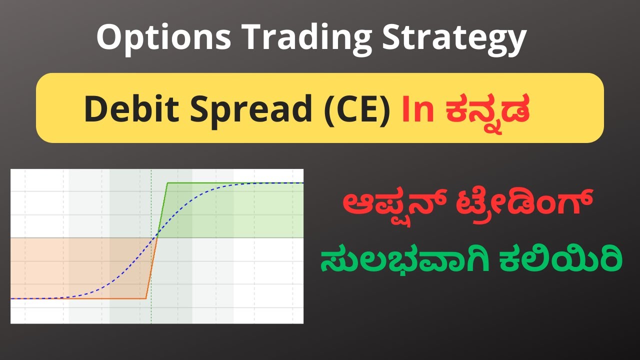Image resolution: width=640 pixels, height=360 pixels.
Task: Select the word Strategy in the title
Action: [454, 38]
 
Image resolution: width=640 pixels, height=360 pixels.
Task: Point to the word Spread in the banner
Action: [239, 109]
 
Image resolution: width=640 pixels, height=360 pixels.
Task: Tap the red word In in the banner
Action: [418, 108]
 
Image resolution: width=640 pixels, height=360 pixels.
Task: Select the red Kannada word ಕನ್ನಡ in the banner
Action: [483, 109]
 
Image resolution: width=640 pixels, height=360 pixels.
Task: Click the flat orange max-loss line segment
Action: [75, 299]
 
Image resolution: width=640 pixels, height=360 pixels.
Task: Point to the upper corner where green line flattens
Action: [167, 183]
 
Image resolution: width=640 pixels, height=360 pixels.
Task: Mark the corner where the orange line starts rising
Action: [146, 299]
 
